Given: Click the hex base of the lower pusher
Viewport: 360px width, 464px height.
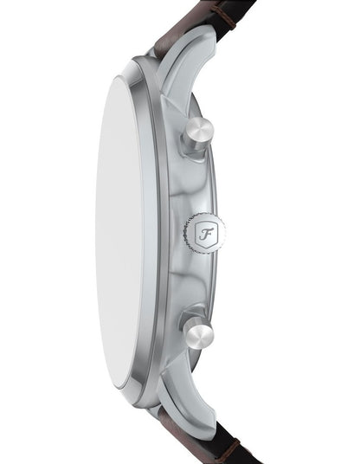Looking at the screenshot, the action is click(x=190, y=316).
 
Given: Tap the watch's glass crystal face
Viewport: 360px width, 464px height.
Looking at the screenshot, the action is click(x=119, y=231).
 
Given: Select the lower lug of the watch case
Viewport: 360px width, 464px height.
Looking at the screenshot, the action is click(x=186, y=405).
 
